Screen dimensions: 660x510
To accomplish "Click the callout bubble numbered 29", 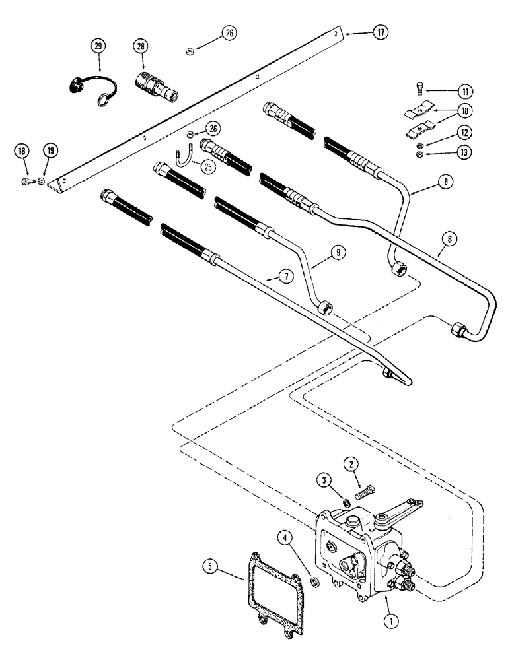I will [x=98, y=47].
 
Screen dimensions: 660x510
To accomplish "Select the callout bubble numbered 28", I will [x=141, y=47].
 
